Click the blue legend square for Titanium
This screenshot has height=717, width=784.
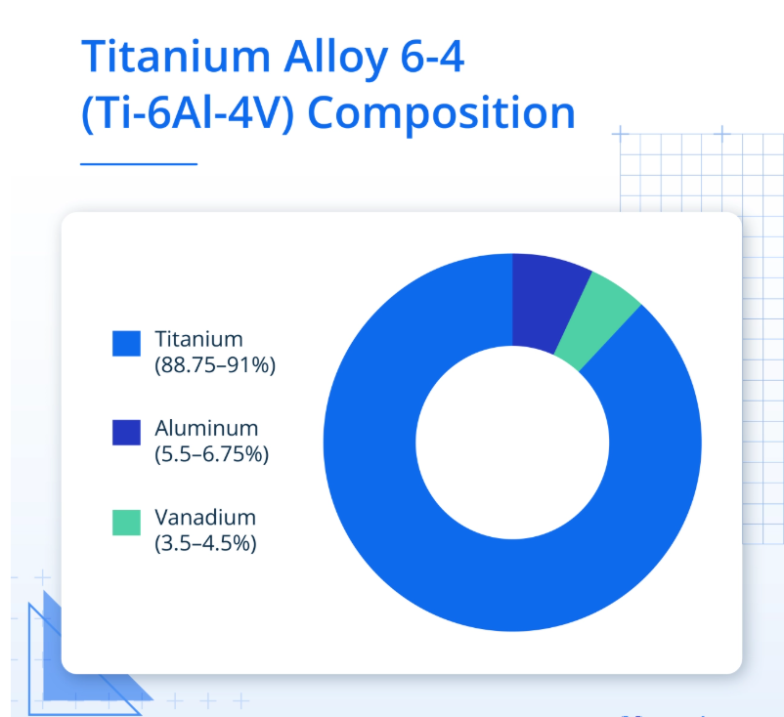pos(126,343)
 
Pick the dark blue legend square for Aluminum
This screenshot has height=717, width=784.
pos(126,432)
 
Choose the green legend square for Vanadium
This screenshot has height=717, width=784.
pos(126,523)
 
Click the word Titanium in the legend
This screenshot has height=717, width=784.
pos(199,339)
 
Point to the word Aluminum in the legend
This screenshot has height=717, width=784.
pos(206,428)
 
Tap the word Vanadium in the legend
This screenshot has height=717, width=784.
pos(205,517)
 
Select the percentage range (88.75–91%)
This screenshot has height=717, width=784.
pos(215,365)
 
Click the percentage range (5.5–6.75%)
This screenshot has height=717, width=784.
pos(211,454)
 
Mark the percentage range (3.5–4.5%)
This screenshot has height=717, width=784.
pos(205,543)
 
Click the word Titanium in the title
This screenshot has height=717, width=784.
pos(176,57)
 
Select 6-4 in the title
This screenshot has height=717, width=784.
pos(432,58)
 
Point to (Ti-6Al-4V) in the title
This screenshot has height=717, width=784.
pos(188,113)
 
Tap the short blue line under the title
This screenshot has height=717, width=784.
pos(139,163)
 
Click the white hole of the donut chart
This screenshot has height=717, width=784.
pos(512,443)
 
